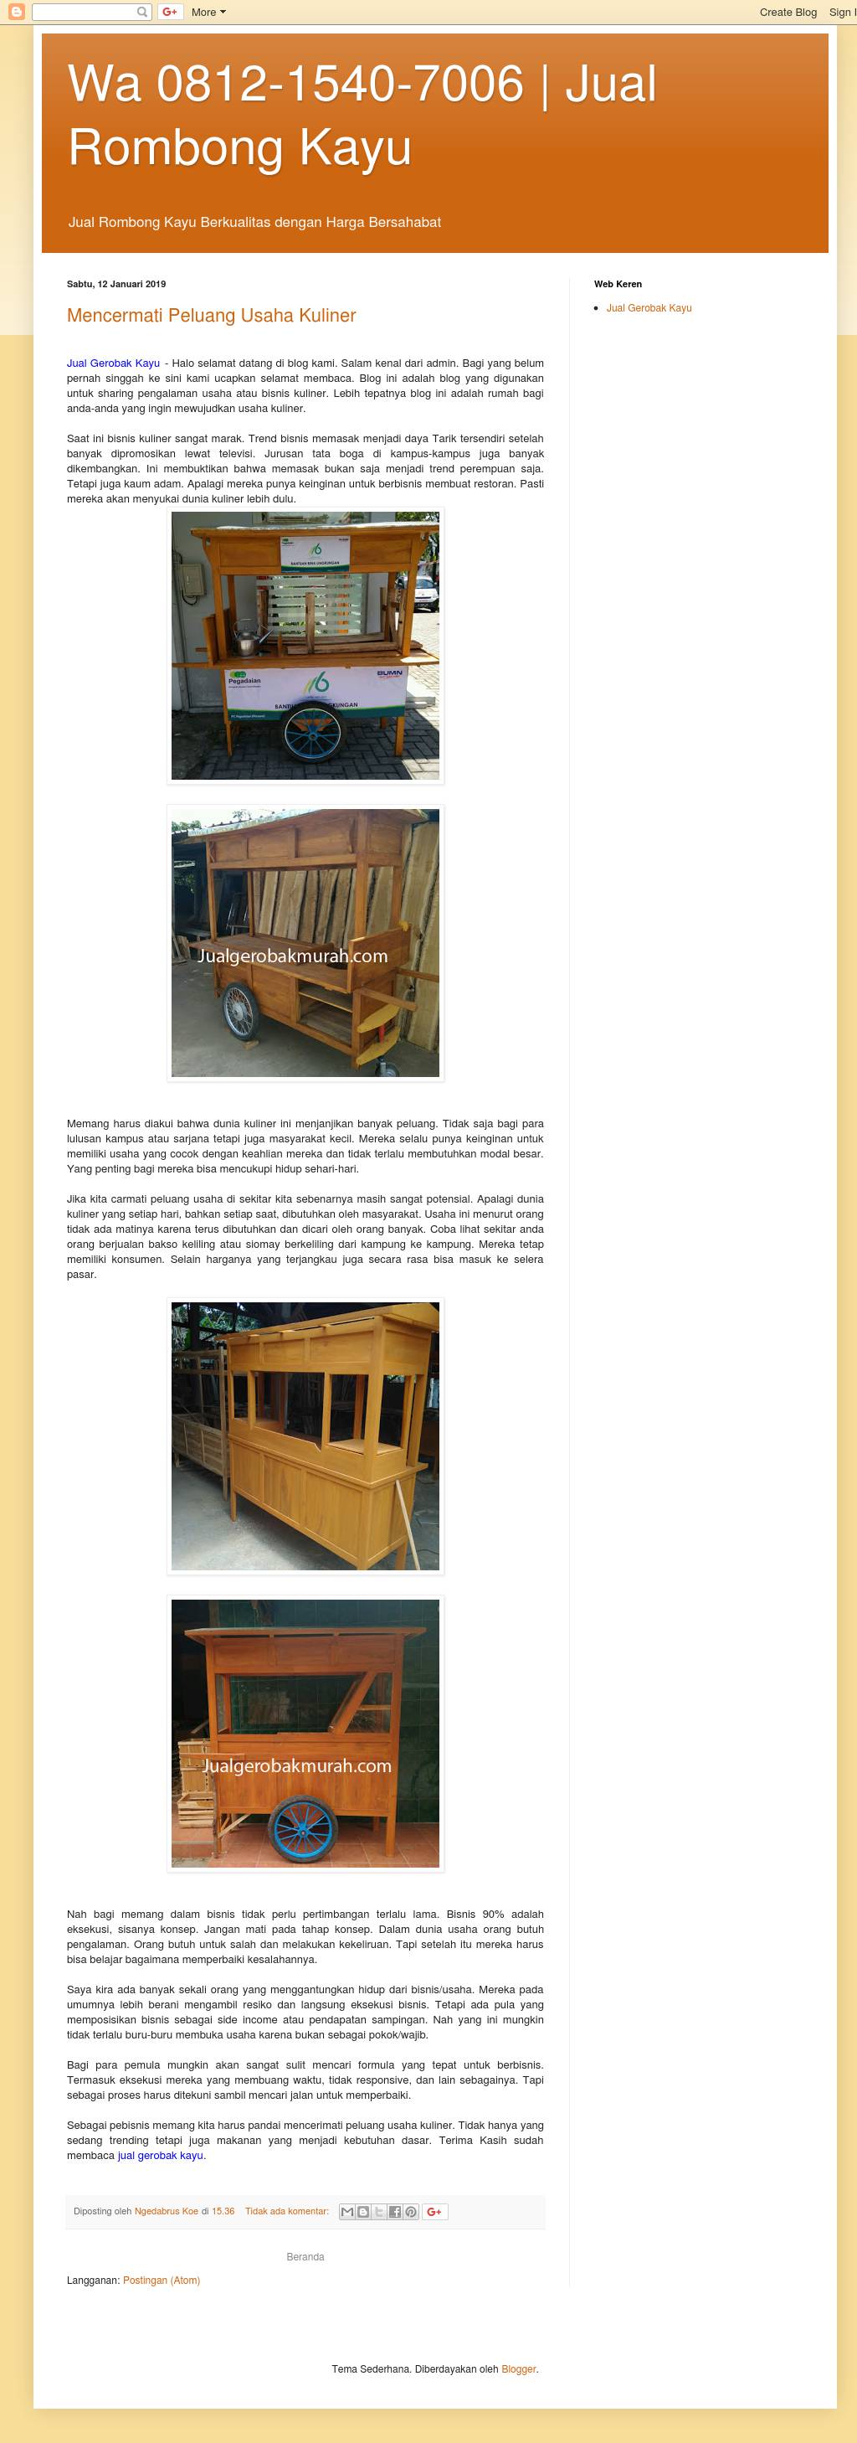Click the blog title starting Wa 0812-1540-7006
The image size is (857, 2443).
coord(362,115)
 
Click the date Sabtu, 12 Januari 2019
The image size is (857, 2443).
coord(115,284)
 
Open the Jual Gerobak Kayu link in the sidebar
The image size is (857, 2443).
coord(649,308)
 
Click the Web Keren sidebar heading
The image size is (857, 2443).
coord(617,284)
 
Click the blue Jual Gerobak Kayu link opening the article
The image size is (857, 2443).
coord(113,363)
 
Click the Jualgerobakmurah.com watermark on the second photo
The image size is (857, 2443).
coord(292,956)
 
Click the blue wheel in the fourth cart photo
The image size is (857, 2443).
coord(302,1829)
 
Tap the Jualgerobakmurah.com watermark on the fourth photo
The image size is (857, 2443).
coord(297,1765)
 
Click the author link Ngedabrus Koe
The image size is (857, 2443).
coord(166,2212)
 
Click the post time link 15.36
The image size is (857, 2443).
coord(223,2212)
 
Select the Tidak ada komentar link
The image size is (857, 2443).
coord(286,2212)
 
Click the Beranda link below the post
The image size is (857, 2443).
coord(305,2257)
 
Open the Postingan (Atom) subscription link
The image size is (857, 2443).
coord(162,2280)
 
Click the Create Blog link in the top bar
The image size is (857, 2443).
coord(787,13)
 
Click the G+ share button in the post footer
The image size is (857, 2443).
coord(434,2212)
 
